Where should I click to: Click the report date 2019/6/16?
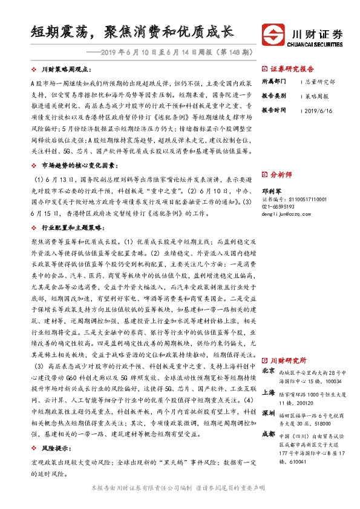click(319, 111)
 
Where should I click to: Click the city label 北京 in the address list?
click(269, 370)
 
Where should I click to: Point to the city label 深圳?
click(269, 413)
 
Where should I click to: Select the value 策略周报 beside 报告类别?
click(317, 96)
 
